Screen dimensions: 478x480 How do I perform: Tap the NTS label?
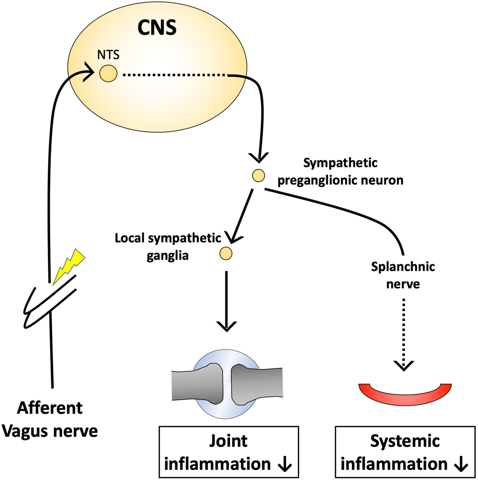click(x=108, y=55)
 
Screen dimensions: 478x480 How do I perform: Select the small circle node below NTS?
click(x=108, y=73)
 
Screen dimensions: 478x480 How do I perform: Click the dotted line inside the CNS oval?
click(x=175, y=74)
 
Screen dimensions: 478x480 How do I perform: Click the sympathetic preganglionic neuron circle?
click(x=258, y=176)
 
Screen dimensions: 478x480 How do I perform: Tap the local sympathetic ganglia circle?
click(x=226, y=253)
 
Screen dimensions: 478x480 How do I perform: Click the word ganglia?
click(x=168, y=256)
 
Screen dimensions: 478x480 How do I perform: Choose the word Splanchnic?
click(x=403, y=267)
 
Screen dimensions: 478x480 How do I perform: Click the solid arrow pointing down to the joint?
click(x=226, y=301)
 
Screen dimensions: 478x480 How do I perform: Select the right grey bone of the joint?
click(x=257, y=384)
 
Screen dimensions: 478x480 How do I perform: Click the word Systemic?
click(x=405, y=441)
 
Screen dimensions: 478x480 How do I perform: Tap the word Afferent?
click(x=50, y=408)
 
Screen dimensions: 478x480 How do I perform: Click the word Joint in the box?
click(x=228, y=441)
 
